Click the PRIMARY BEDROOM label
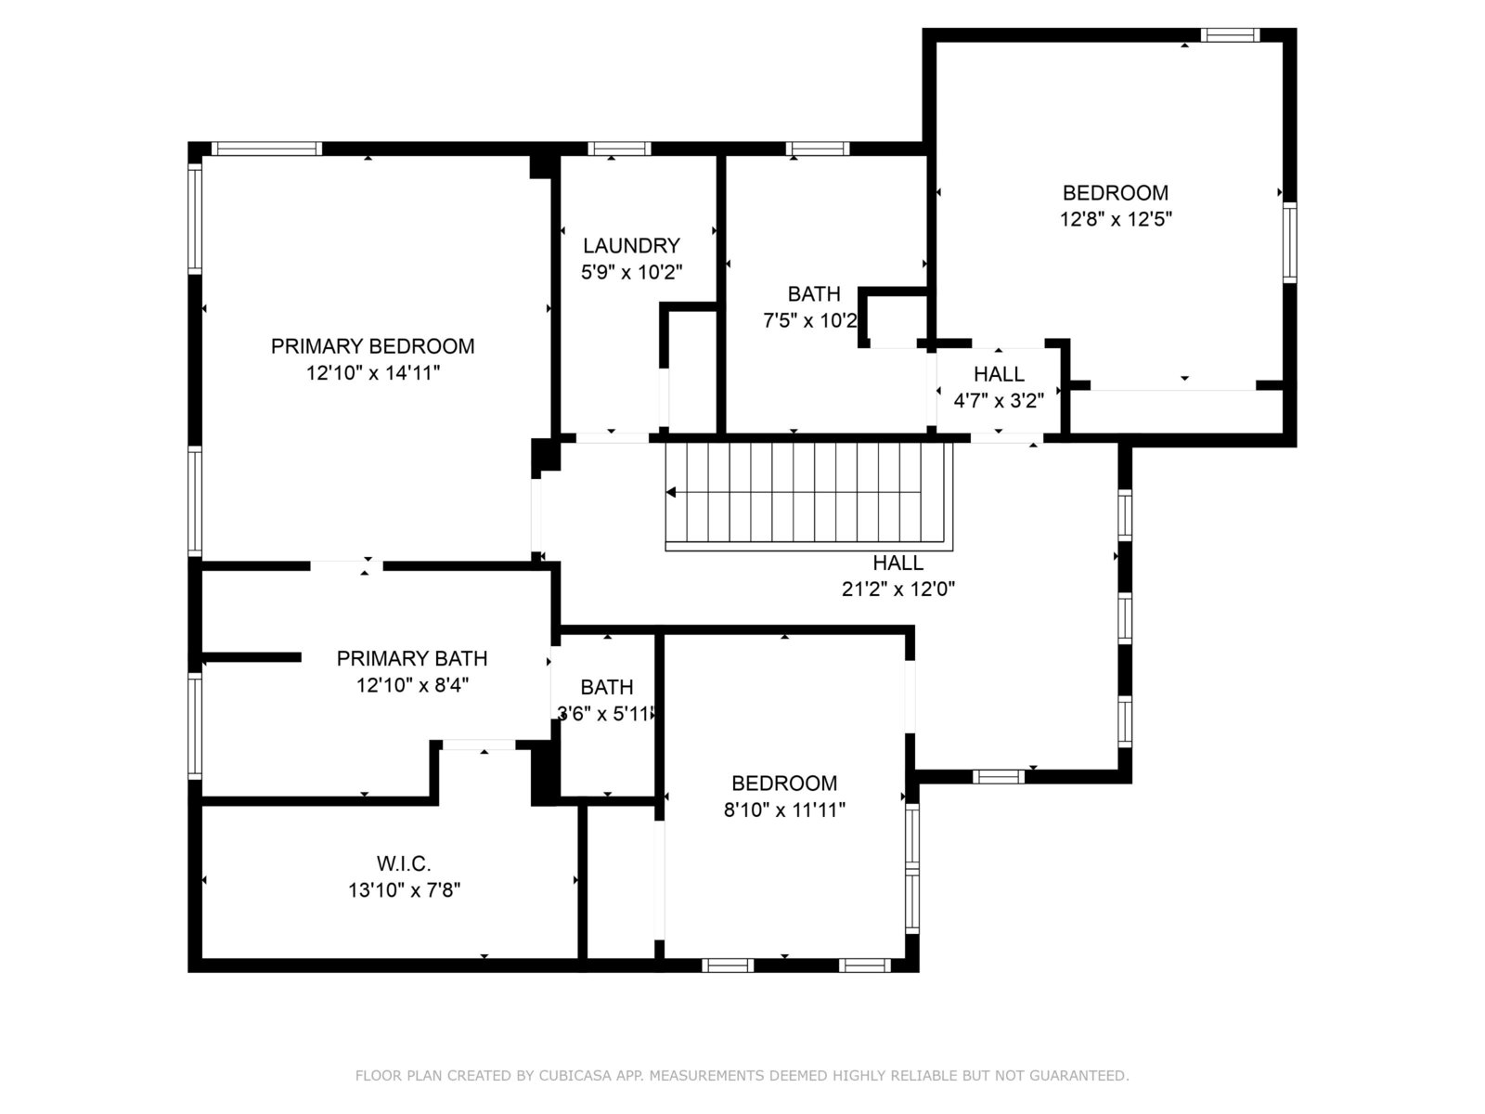click(373, 346)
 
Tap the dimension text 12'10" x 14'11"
click(373, 372)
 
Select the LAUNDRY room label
click(631, 245)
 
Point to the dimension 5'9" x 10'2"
click(631, 272)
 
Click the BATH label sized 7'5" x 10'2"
click(814, 294)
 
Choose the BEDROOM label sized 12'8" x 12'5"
click(1116, 193)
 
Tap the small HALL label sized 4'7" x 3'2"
click(999, 374)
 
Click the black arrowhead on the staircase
click(670, 492)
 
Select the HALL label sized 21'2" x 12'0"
click(897, 563)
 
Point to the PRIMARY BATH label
click(412, 658)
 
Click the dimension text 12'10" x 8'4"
click(412, 685)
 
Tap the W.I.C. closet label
click(404, 863)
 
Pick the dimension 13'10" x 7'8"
click(404, 890)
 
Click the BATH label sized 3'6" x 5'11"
click(607, 687)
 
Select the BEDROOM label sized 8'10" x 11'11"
click(784, 784)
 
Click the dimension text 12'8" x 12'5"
click(1116, 219)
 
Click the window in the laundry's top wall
click(619, 149)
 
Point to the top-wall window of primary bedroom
click(266, 149)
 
